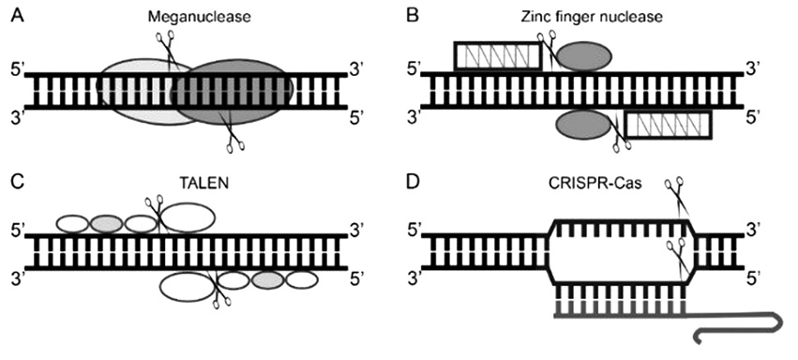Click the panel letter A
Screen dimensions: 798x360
pos(18,17)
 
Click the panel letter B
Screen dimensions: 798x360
pos(413,17)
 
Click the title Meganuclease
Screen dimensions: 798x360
pos(200,18)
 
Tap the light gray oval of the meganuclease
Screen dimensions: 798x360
pos(133,92)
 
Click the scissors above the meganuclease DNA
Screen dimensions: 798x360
pos(167,49)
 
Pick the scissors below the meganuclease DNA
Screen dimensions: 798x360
pos(232,133)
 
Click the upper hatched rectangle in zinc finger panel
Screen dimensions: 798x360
pos(498,56)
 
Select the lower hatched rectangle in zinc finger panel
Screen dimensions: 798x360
pos(668,125)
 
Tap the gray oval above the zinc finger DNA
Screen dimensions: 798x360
pos(582,56)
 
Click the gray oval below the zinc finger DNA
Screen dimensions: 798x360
pos(582,125)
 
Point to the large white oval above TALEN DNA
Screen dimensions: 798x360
pos(188,217)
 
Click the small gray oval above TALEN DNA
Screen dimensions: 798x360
pos(106,224)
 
